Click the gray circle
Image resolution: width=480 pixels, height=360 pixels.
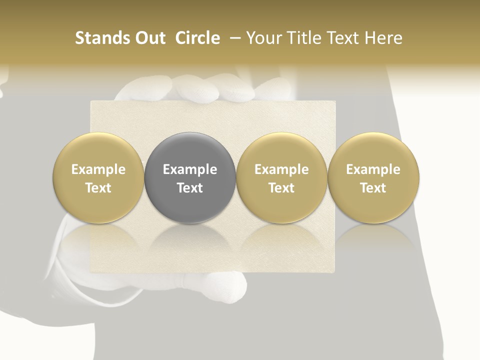190,177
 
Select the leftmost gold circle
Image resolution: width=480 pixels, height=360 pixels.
98,177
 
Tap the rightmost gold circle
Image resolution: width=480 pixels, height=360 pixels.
373,177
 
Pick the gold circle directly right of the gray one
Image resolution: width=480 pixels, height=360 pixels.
281,177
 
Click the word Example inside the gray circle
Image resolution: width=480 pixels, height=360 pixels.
190,169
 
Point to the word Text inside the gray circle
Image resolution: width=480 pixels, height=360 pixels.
190,188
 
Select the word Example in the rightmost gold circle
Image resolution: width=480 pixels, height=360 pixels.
373,169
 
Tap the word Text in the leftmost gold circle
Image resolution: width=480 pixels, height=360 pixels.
98,188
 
